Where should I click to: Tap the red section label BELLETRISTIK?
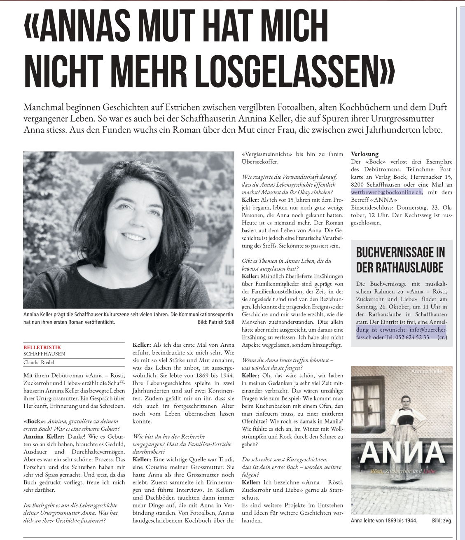[42, 347]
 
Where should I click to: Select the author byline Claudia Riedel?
[39, 362]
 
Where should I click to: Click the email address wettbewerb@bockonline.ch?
[386, 192]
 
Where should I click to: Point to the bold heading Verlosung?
[365, 154]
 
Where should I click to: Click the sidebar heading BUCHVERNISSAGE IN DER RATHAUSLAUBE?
[400, 260]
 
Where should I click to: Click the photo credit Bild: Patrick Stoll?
[216, 322]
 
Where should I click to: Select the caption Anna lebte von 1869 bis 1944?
[384, 521]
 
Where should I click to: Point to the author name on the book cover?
[427, 372]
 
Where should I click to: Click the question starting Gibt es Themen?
[286, 264]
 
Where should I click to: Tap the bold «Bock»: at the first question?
[34, 421]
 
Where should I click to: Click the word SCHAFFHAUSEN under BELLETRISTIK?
[44, 354]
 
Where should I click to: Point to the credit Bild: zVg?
[442, 521]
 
